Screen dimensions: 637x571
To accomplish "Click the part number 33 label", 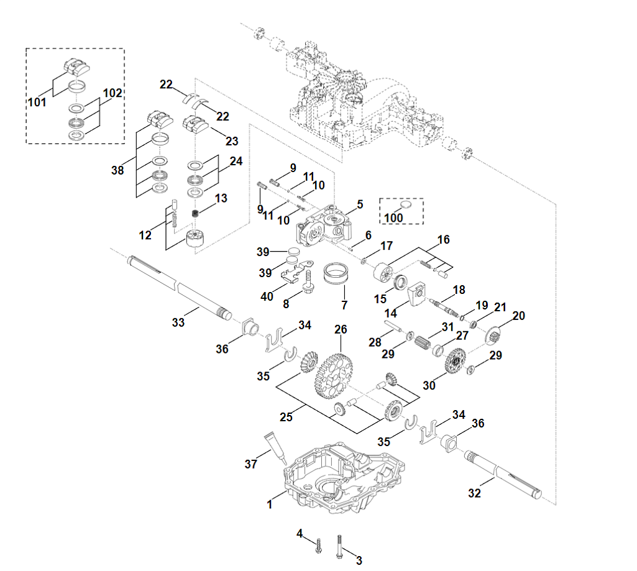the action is (x=178, y=322).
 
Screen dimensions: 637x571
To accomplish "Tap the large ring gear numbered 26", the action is (x=333, y=376).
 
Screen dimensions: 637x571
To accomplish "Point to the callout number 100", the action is (x=393, y=217).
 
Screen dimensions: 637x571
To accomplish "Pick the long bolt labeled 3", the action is (x=339, y=547).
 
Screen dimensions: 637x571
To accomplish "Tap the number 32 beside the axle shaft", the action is (x=474, y=493).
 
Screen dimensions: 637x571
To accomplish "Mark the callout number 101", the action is (x=37, y=102).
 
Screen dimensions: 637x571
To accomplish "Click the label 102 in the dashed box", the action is (x=112, y=93).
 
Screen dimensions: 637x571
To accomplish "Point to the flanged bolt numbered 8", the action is (x=308, y=281).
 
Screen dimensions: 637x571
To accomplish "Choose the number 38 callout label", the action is (x=117, y=170).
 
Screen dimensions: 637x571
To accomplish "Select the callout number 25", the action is (x=286, y=417).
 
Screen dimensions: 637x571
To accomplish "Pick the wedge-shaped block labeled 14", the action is (x=417, y=294).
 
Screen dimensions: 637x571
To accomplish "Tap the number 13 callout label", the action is (x=221, y=198).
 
